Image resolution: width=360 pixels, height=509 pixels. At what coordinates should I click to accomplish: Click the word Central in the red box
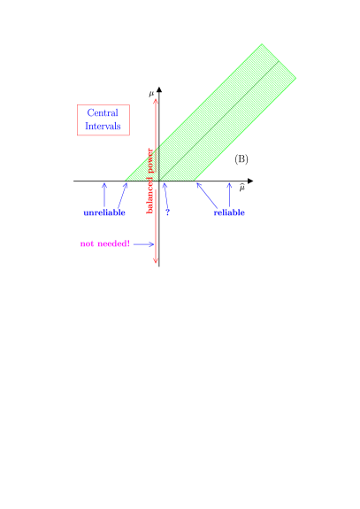(103, 113)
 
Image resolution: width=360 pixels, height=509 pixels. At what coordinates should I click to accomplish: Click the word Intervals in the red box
(103, 127)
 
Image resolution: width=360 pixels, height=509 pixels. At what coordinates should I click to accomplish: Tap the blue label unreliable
(104, 212)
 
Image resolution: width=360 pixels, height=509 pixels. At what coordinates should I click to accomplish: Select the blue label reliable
(229, 212)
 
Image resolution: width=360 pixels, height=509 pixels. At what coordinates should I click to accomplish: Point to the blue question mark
(167, 212)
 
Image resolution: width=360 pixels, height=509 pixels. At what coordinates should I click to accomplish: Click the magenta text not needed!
(104, 243)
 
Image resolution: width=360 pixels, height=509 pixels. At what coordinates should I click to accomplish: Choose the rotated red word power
(150, 161)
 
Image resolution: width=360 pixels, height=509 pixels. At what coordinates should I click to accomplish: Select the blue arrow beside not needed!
(144, 244)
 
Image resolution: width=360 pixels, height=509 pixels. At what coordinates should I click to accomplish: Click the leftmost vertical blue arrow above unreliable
(104, 195)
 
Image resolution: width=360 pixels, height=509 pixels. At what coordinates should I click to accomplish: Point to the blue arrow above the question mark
(165, 193)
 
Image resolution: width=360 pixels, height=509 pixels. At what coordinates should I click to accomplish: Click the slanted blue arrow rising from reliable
(206, 195)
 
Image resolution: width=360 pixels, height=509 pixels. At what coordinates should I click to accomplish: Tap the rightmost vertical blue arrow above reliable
(229, 194)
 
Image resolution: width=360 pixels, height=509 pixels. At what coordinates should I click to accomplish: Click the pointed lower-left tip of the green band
(126, 180)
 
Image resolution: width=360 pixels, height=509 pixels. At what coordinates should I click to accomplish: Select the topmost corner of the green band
(262, 44)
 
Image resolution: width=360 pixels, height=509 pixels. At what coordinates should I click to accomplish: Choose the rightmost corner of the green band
(295, 78)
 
